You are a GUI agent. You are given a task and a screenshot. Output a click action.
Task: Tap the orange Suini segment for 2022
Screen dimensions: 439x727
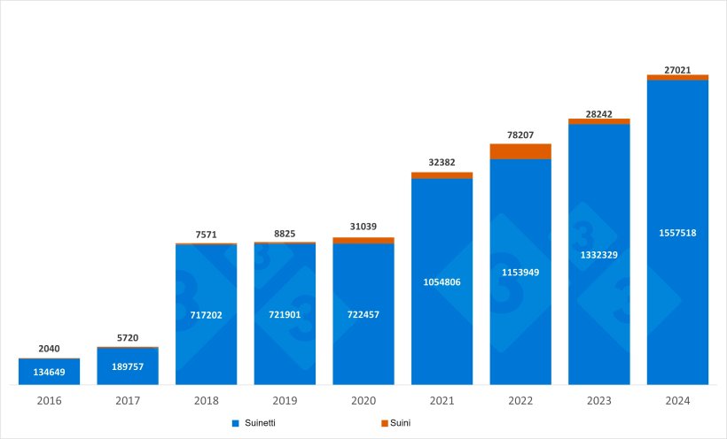(x=520, y=151)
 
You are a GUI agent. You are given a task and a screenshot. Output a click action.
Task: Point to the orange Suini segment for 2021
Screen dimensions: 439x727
(x=442, y=175)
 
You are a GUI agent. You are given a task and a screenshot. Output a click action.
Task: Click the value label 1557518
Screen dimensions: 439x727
(x=677, y=233)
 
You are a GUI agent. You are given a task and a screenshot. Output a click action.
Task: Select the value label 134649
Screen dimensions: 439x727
(x=49, y=372)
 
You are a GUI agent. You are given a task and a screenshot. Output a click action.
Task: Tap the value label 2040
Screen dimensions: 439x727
(x=49, y=349)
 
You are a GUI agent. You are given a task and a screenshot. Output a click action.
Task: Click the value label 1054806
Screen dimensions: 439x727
(x=442, y=281)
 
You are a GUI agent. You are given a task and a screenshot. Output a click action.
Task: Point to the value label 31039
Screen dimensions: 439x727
(x=363, y=227)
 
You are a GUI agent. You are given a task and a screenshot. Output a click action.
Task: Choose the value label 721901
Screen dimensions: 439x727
(x=285, y=314)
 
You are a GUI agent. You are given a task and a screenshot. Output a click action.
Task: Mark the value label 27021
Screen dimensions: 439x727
(x=677, y=70)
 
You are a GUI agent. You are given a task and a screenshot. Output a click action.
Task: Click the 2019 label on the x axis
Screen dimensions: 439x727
(x=285, y=401)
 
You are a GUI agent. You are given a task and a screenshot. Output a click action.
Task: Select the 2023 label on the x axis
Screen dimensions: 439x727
(x=599, y=401)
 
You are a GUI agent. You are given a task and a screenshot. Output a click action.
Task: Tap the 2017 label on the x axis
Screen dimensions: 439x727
(x=128, y=401)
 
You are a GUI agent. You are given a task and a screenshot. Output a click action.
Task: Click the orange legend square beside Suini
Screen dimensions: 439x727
(x=384, y=424)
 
